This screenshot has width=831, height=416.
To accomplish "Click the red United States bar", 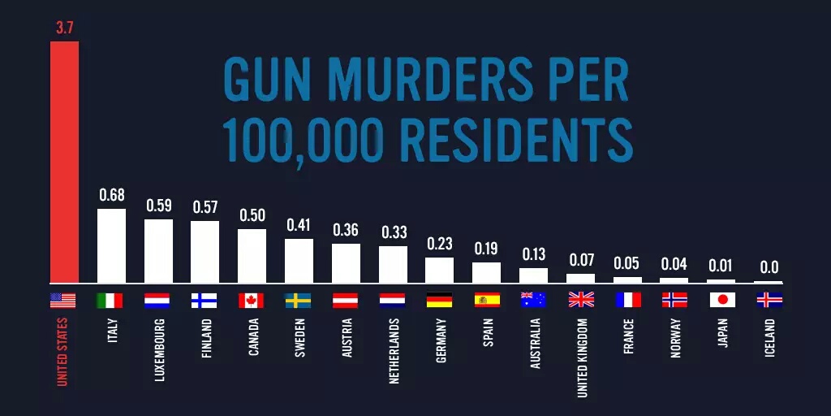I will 64,162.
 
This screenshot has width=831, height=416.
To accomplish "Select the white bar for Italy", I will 111,245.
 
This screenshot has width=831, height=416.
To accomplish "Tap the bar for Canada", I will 252,255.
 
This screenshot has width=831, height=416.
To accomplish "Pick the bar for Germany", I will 439,270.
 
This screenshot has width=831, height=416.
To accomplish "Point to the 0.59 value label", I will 158,206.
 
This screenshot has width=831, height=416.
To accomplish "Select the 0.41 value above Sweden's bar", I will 299,225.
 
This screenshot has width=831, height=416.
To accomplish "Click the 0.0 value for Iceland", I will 769,266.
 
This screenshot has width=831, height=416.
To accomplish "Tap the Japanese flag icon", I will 722,300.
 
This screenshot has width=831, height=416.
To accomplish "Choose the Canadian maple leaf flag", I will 252,300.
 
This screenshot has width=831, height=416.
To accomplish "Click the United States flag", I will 63,300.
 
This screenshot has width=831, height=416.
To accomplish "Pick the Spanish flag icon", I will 487,300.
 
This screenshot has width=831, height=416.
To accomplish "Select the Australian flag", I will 533,300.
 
